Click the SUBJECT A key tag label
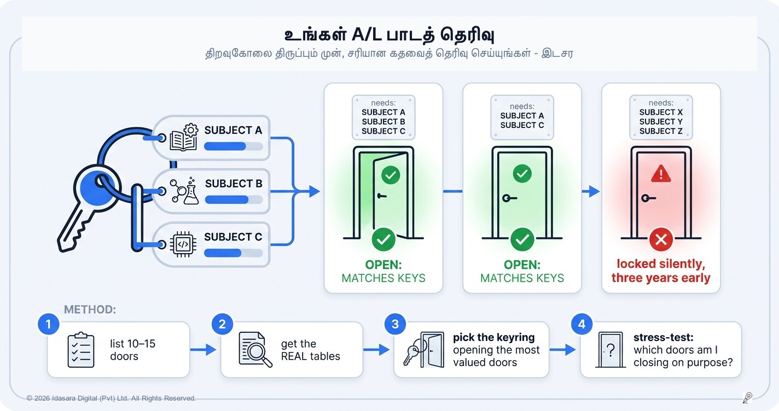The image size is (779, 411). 233,130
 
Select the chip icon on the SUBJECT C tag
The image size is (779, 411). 183,244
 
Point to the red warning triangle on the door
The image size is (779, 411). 661,174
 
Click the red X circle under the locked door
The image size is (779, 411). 661,239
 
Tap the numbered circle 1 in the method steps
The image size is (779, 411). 48,324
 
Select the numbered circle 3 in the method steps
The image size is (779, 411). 395,324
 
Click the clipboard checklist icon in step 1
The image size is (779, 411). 80,350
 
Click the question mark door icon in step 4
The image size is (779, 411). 611,350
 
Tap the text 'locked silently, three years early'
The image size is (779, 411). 661,271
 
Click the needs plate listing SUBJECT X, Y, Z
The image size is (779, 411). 661,118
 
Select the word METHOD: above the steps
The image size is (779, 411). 90,309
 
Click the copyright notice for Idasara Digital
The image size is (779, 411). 111,398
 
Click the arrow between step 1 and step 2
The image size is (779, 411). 203,349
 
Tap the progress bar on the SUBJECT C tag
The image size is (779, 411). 233,253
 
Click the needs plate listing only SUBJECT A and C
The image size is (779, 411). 522,118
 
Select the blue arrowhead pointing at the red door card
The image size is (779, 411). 594,191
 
